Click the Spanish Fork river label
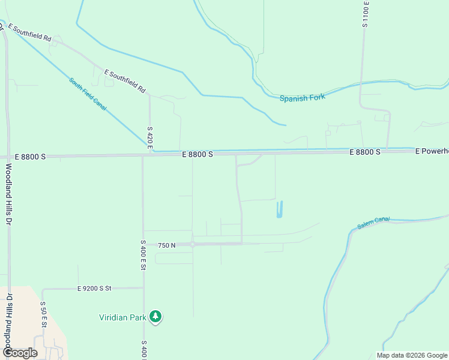click(x=302, y=97)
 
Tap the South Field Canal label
click(x=88, y=94)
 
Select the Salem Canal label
click(x=373, y=223)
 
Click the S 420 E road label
click(x=150, y=138)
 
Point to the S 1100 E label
click(x=365, y=14)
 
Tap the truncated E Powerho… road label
click(x=432, y=152)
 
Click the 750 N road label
click(x=166, y=245)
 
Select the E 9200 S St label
click(x=95, y=289)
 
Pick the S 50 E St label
click(x=43, y=314)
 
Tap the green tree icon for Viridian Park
click(x=155, y=316)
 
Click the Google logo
click(x=19, y=353)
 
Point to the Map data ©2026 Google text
click(x=412, y=355)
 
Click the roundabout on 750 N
click(x=192, y=244)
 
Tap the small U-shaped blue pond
click(x=279, y=210)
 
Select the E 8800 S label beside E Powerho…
click(x=366, y=152)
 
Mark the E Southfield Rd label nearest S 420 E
click(x=125, y=81)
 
